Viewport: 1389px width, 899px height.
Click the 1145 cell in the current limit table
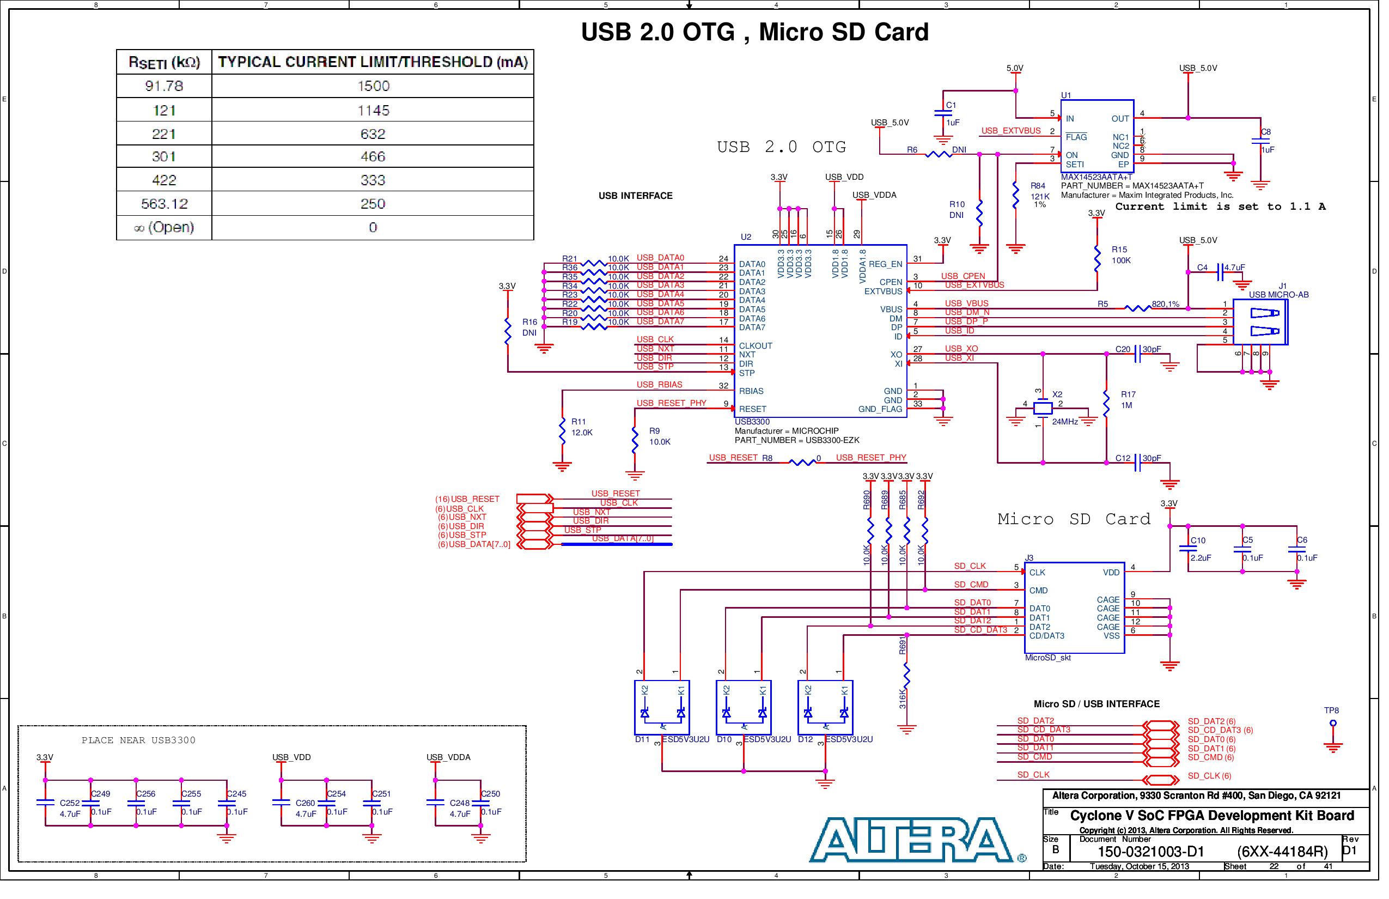374,110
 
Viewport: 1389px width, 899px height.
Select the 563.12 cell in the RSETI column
165,204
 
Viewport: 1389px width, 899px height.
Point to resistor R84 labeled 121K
1015,195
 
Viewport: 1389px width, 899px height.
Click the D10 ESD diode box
743,707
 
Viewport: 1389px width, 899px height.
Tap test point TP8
1333,724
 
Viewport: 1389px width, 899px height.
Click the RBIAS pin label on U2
751,391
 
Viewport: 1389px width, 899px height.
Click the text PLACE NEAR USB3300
138,740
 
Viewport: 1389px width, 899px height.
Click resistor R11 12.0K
562,431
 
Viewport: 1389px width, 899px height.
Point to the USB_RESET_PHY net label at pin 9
671,403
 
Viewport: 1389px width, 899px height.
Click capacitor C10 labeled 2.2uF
1187,549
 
